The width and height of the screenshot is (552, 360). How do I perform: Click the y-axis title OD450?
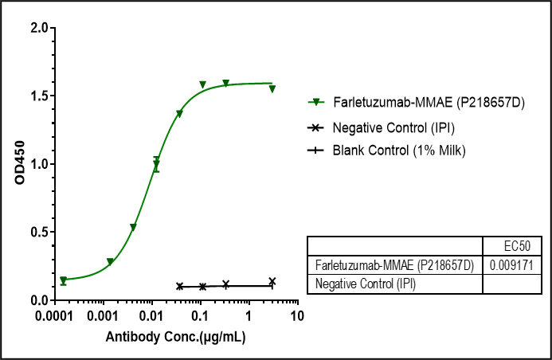coord(21,164)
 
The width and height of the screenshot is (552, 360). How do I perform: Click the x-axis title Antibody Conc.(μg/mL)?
coord(176,337)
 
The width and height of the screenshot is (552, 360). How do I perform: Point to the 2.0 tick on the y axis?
coord(37,28)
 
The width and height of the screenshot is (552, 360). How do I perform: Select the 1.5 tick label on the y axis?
coord(37,96)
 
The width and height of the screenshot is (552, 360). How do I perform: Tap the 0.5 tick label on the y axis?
coord(37,233)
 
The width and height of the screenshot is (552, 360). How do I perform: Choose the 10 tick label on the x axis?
coord(297,316)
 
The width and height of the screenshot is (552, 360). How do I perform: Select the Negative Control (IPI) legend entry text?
coord(394,127)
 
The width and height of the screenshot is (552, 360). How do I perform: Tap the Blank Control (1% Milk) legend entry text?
coord(400,150)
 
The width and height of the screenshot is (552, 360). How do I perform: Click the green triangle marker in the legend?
coord(317,103)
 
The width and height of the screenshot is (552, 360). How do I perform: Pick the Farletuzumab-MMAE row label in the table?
coord(394,264)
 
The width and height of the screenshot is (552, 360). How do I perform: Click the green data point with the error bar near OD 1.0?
coord(156,165)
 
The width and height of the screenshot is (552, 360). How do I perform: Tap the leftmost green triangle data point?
coord(64,280)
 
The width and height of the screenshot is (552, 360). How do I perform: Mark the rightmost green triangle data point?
coord(272,88)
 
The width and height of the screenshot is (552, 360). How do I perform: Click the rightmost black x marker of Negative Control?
coord(272,281)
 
